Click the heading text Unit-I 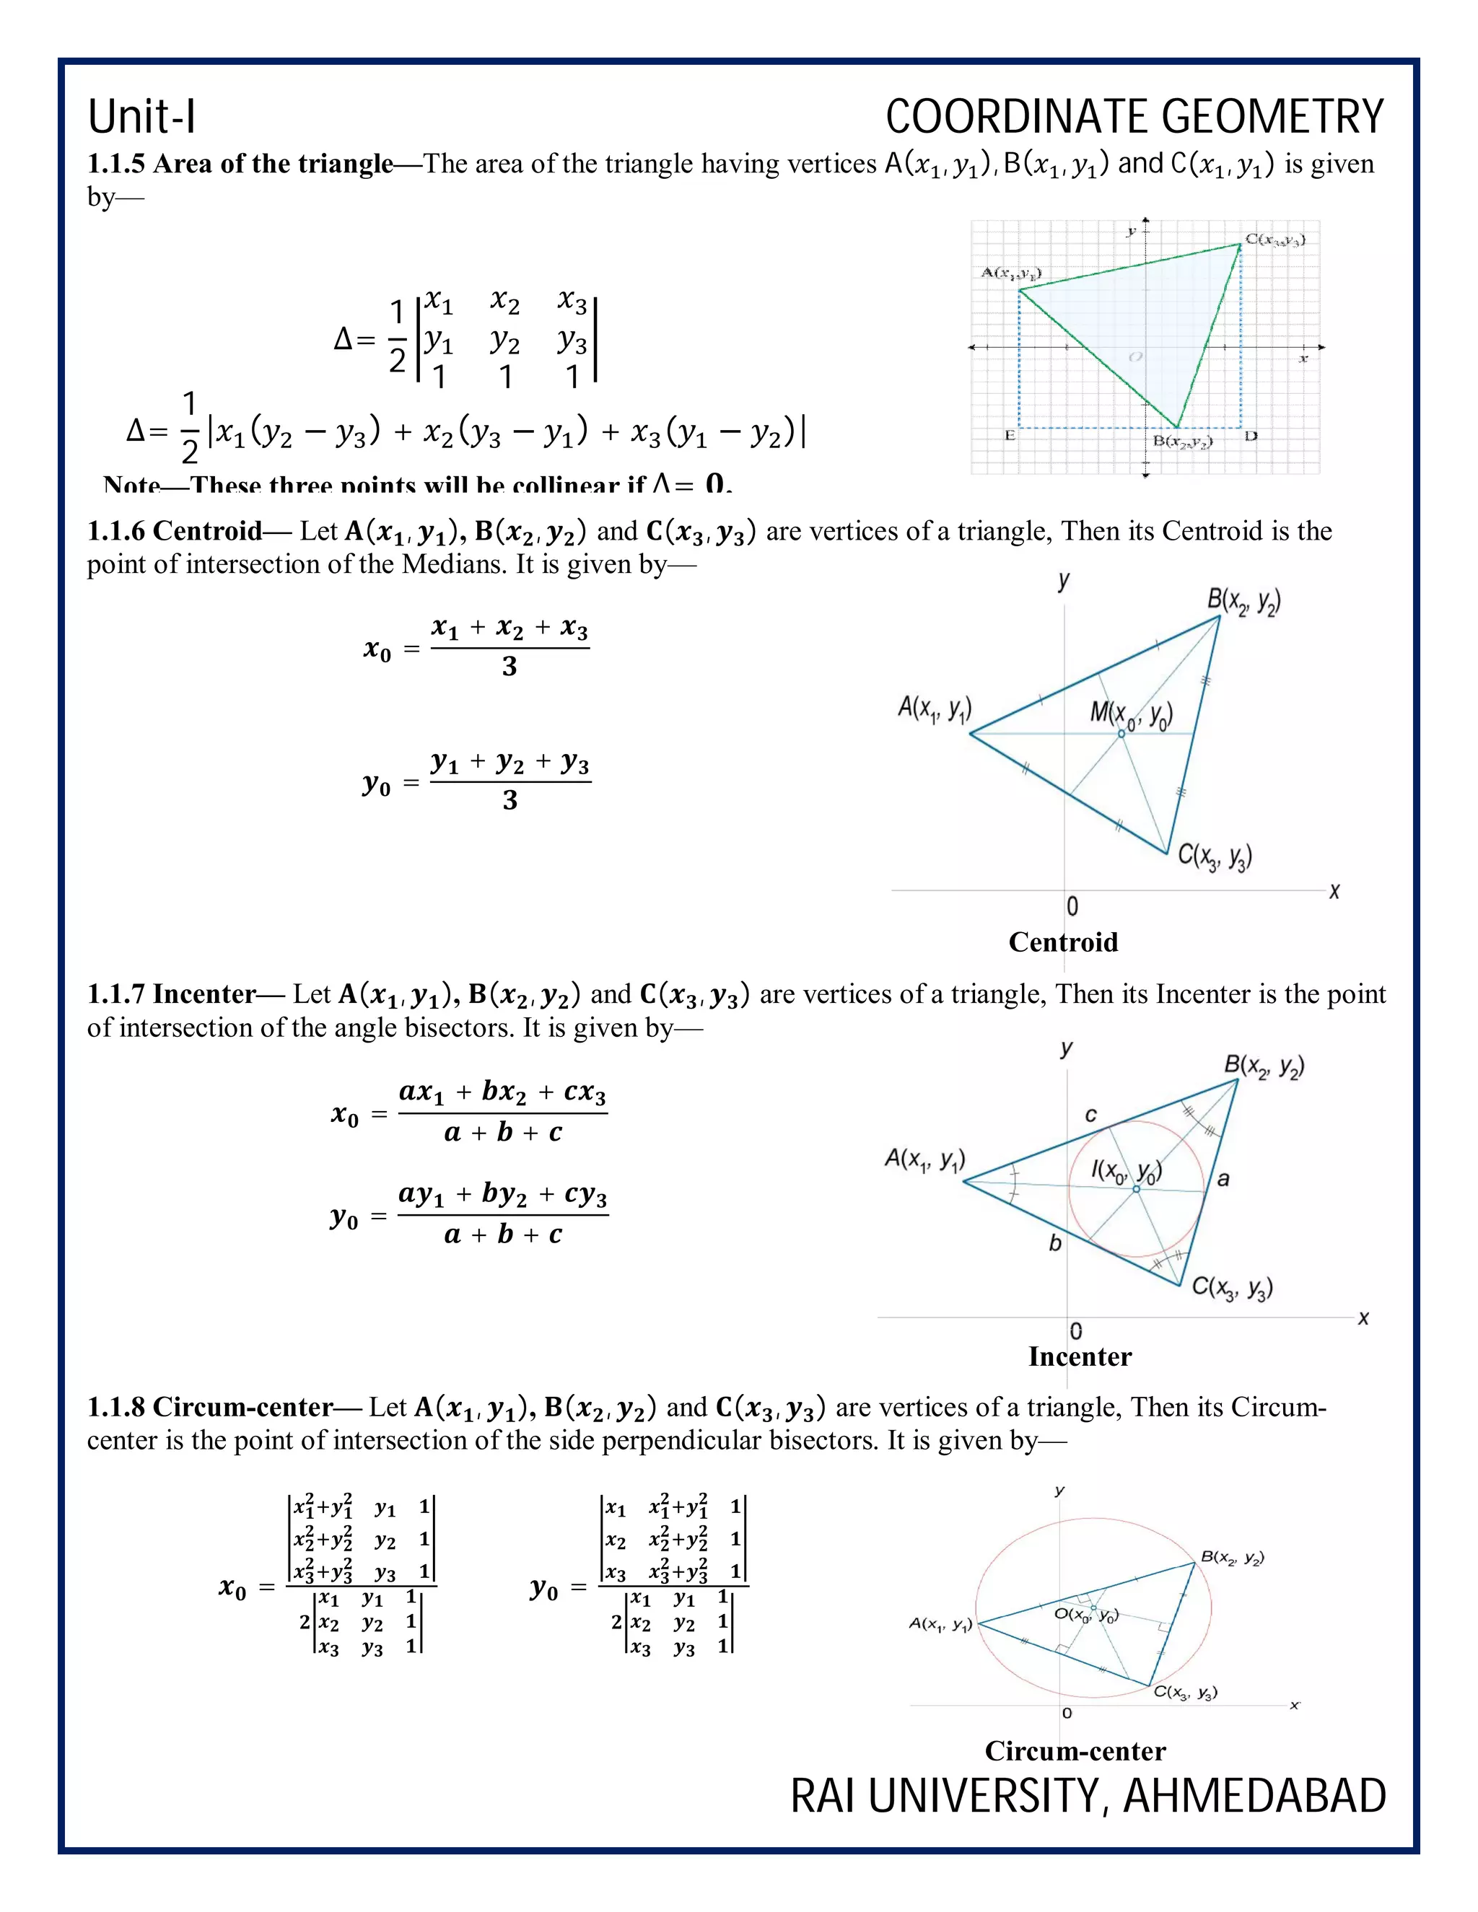[142, 118]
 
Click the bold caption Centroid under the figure [1063, 942]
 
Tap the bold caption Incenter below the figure [1080, 1357]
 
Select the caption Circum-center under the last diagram [1075, 1750]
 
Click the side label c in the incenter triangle [1090, 1115]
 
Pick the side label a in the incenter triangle [1223, 1179]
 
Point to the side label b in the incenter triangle [1055, 1243]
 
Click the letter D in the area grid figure [1251, 436]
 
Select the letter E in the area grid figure [1010, 436]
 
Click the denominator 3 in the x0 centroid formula [510, 667]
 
